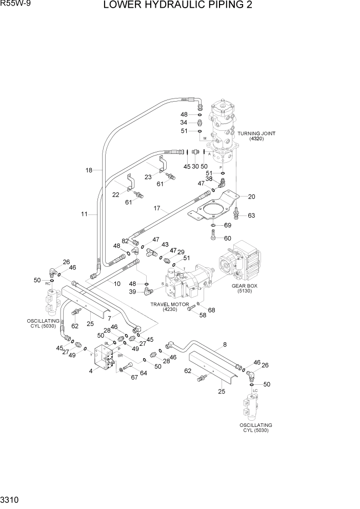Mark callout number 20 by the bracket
(251, 197)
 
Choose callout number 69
(228, 225)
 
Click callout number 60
(228, 238)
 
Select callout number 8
(225, 346)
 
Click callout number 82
(125, 241)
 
